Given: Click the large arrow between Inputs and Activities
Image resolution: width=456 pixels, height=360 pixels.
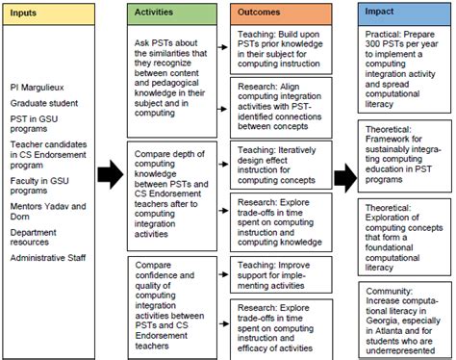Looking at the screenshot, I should click(x=111, y=173).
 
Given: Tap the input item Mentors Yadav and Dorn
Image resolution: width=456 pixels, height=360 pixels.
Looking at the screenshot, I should click(x=48, y=211).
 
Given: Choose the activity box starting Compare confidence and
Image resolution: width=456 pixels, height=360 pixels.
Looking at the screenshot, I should click(x=177, y=294).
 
